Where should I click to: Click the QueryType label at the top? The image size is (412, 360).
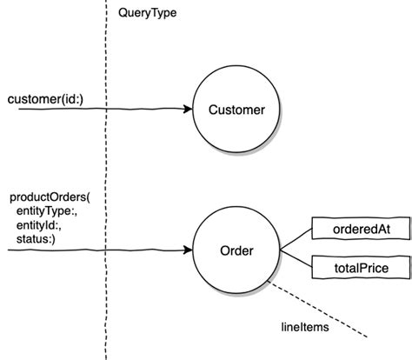coord(148,14)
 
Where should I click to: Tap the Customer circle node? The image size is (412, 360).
coord(236,110)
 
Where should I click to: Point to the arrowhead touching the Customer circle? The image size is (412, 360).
coord(188,110)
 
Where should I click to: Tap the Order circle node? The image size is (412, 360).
coord(236,251)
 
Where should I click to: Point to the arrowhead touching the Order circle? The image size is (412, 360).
coord(188,251)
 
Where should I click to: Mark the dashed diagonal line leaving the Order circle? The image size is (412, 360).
coord(322,312)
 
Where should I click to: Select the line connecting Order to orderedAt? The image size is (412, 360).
coord(296,239)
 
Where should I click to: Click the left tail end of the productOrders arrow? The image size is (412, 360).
coord(9,251)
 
